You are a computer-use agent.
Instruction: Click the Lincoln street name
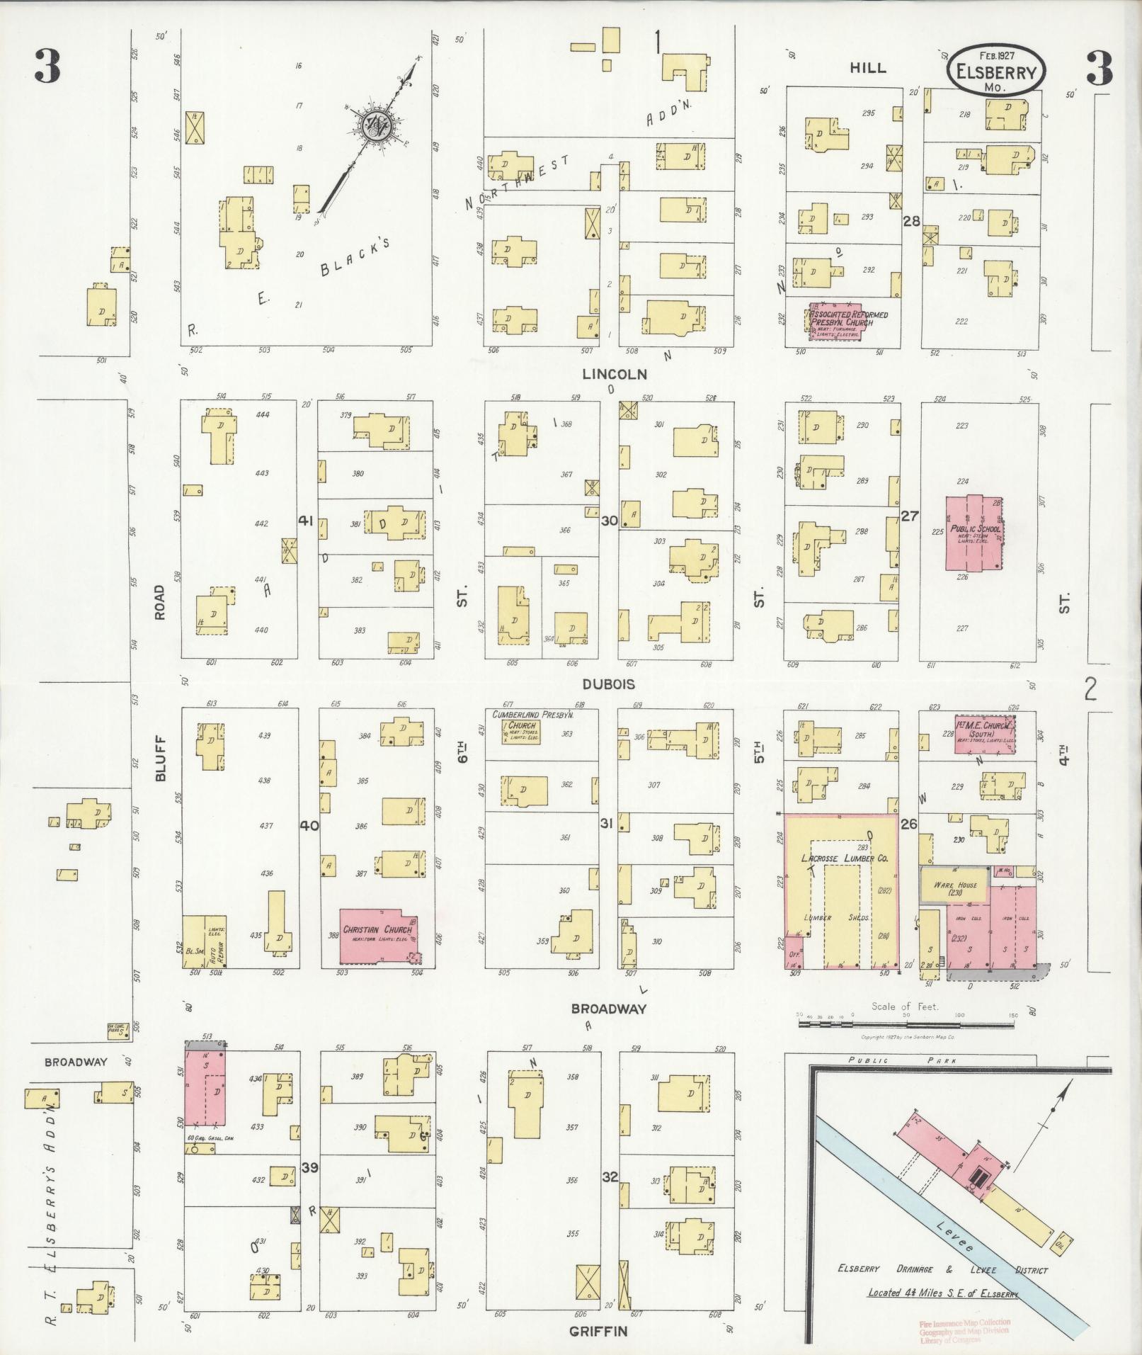[615, 374]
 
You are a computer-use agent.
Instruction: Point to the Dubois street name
[609, 684]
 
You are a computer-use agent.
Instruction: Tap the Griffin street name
[598, 1332]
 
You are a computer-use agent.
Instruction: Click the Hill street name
[867, 68]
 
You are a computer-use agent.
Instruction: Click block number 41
[306, 521]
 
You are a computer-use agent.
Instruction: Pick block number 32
[610, 1177]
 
